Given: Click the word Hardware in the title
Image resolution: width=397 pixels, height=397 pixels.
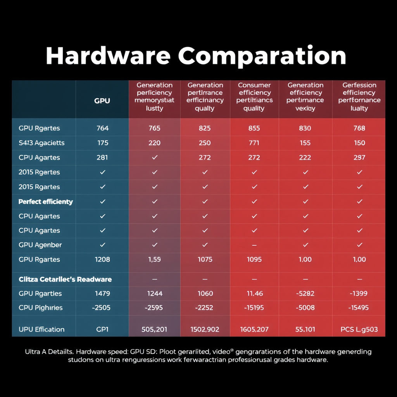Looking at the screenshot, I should (x=108, y=56).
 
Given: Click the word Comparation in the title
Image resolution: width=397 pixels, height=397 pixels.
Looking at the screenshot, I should (x=262, y=56).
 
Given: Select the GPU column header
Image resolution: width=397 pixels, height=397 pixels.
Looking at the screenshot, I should (x=102, y=101).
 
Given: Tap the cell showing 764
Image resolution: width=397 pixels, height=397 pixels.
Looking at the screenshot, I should (x=103, y=128).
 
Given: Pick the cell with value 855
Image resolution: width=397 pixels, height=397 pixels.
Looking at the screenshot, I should (x=254, y=128).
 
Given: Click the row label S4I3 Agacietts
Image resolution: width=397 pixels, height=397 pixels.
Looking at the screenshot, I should (x=41, y=143).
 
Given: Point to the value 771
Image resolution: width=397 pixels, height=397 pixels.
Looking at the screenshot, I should (x=254, y=143).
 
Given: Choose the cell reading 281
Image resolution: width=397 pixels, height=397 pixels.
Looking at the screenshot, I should (x=103, y=158).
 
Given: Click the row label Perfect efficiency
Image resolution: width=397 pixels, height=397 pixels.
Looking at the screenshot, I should (x=46, y=202).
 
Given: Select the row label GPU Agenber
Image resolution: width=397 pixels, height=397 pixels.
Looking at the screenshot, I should (x=40, y=245).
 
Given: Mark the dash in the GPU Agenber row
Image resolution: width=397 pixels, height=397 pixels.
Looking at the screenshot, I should (x=254, y=245).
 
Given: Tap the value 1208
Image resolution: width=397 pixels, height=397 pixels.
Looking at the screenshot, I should (x=103, y=259).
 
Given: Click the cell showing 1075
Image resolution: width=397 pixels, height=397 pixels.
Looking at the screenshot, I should (x=205, y=259).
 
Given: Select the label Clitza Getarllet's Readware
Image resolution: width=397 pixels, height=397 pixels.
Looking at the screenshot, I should (x=65, y=279).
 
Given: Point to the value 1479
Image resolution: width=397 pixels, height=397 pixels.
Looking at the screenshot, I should (x=103, y=293).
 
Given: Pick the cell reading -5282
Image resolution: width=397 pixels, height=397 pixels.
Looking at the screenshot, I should (x=306, y=293).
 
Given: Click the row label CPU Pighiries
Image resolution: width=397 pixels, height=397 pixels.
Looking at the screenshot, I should (x=41, y=308).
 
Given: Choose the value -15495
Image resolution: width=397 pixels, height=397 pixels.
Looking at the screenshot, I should (x=359, y=308).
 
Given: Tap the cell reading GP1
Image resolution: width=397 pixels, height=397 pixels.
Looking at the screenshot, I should (x=103, y=330).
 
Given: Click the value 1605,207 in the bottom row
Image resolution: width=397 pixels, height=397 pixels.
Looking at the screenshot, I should (x=254, y=330).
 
